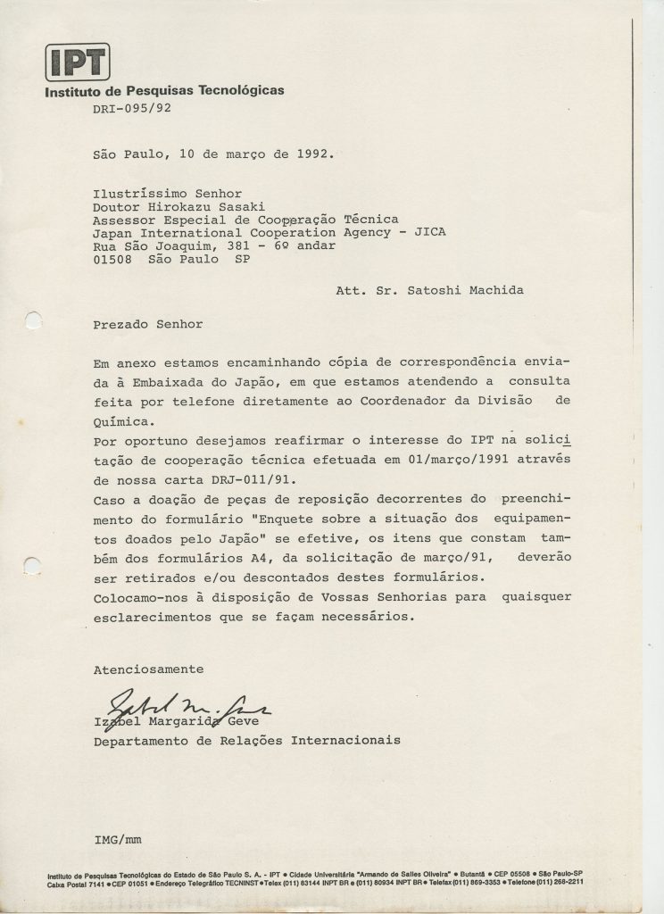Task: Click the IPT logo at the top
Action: [77, 63]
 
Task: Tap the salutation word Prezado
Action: [123, 325]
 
